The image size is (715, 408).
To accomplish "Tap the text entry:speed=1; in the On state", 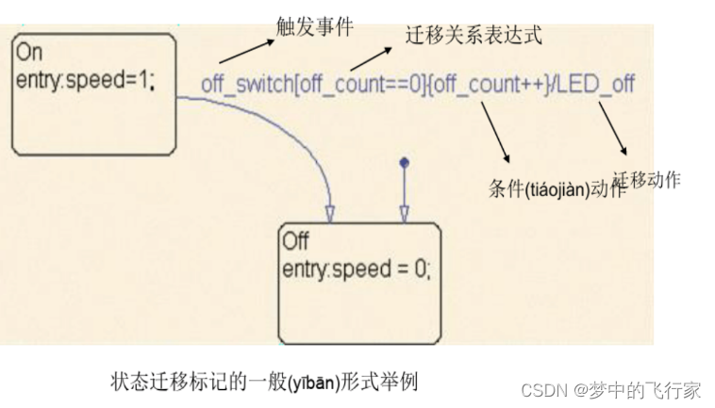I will (x=84, y=81).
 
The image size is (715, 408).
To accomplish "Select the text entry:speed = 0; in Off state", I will (x=356, y=269).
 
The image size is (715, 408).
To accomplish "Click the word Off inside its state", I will (x=295, y=242).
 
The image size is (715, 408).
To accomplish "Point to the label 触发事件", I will (x=314, y=26).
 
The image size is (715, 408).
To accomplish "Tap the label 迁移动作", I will (x=646, y=178).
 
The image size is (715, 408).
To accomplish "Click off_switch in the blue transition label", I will (x=247, y=84).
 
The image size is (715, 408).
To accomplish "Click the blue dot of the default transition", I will (x=404, y=162).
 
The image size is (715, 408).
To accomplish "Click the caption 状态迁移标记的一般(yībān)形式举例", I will (x=263, y=383).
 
